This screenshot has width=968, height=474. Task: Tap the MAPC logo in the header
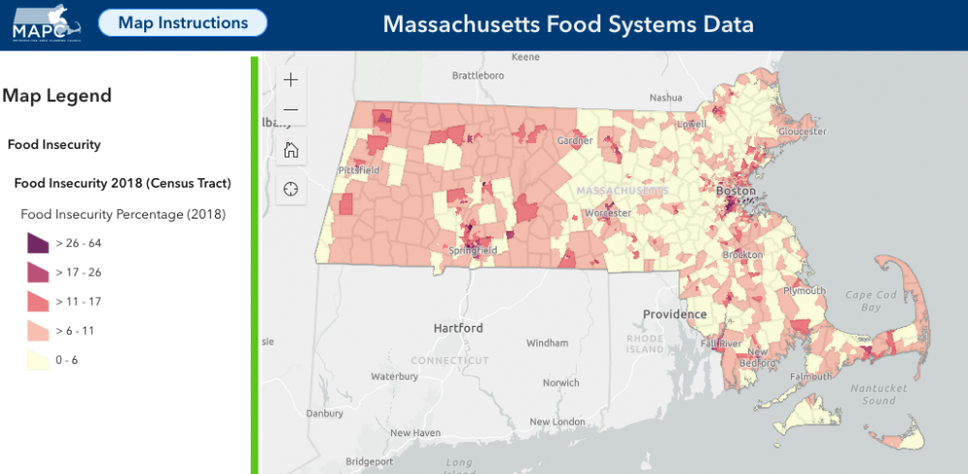[46, 23]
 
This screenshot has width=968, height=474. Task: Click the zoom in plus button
[290, 79]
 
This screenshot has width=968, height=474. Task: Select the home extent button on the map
[290, 150]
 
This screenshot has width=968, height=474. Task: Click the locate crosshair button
[290, 189]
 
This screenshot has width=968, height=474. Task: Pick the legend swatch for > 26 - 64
[38, 243]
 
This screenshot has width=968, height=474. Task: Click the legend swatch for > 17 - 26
[38, 272]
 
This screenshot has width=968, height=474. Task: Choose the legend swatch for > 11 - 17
[38, 301]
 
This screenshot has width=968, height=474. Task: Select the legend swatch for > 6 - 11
[38, 331]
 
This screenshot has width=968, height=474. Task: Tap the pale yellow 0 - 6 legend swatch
[38, 360]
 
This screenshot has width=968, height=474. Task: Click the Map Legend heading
[57, 96]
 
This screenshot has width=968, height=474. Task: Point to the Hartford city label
[458, 329]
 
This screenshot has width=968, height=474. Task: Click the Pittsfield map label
[358, 170]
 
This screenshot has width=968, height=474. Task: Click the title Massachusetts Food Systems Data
[568, 23]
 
